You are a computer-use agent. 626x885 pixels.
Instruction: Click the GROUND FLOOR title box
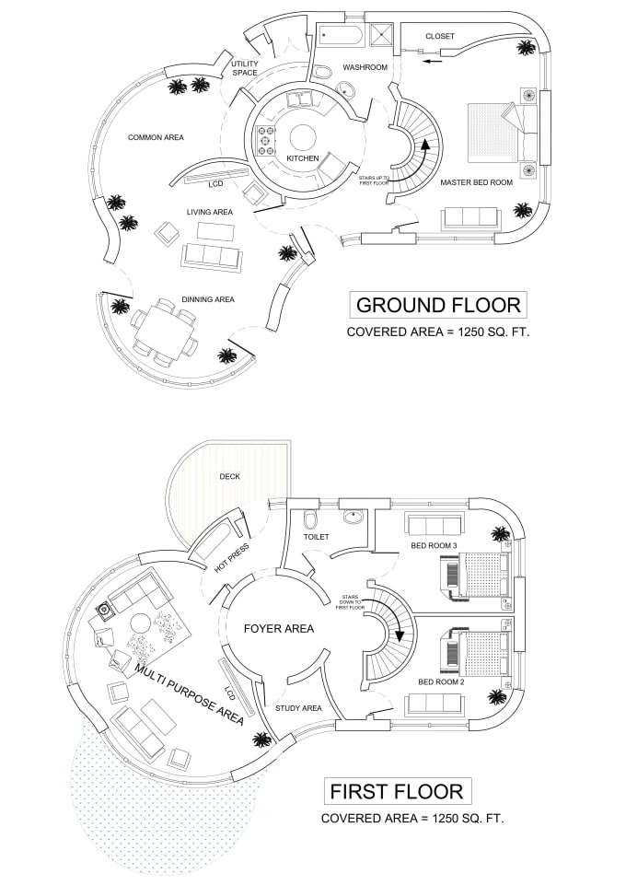click(x=438, y=305)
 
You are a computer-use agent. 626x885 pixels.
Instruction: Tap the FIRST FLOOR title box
click(x=397, y=791)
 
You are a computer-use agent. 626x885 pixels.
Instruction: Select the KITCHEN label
click(x=303, y=158)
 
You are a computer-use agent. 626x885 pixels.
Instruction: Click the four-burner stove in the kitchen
click(x=266, y=141)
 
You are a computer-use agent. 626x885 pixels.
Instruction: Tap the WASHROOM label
click(x=365, y=67)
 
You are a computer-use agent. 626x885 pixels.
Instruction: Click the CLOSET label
click(x=440, y=36)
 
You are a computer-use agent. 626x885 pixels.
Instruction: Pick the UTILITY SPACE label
click(x=245, y=68)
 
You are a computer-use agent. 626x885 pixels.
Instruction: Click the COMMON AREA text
click(x=156, y=137)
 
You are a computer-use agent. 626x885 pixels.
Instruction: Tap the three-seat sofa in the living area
click(x=212, y=256)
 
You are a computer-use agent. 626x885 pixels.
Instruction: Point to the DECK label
click(x=229, y=476)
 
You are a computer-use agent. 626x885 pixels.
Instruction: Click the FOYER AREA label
click(x=279, y=629)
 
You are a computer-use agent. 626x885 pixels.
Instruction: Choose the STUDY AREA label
click(x=298, y=708)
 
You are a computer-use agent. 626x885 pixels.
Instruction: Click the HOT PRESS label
click(x=232, y=559)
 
